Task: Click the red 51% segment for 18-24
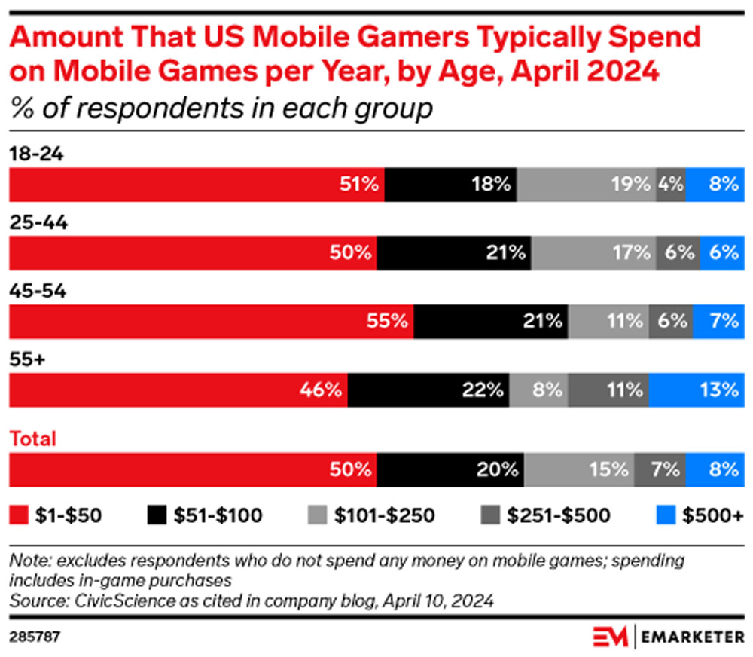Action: tap(196, 185)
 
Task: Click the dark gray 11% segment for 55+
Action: tap(608, 390)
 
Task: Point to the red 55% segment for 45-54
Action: tap(211, 322)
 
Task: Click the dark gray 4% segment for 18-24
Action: tap(671, 185)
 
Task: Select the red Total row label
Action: tap(32, 439)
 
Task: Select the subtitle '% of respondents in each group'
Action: tap(221, 108)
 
